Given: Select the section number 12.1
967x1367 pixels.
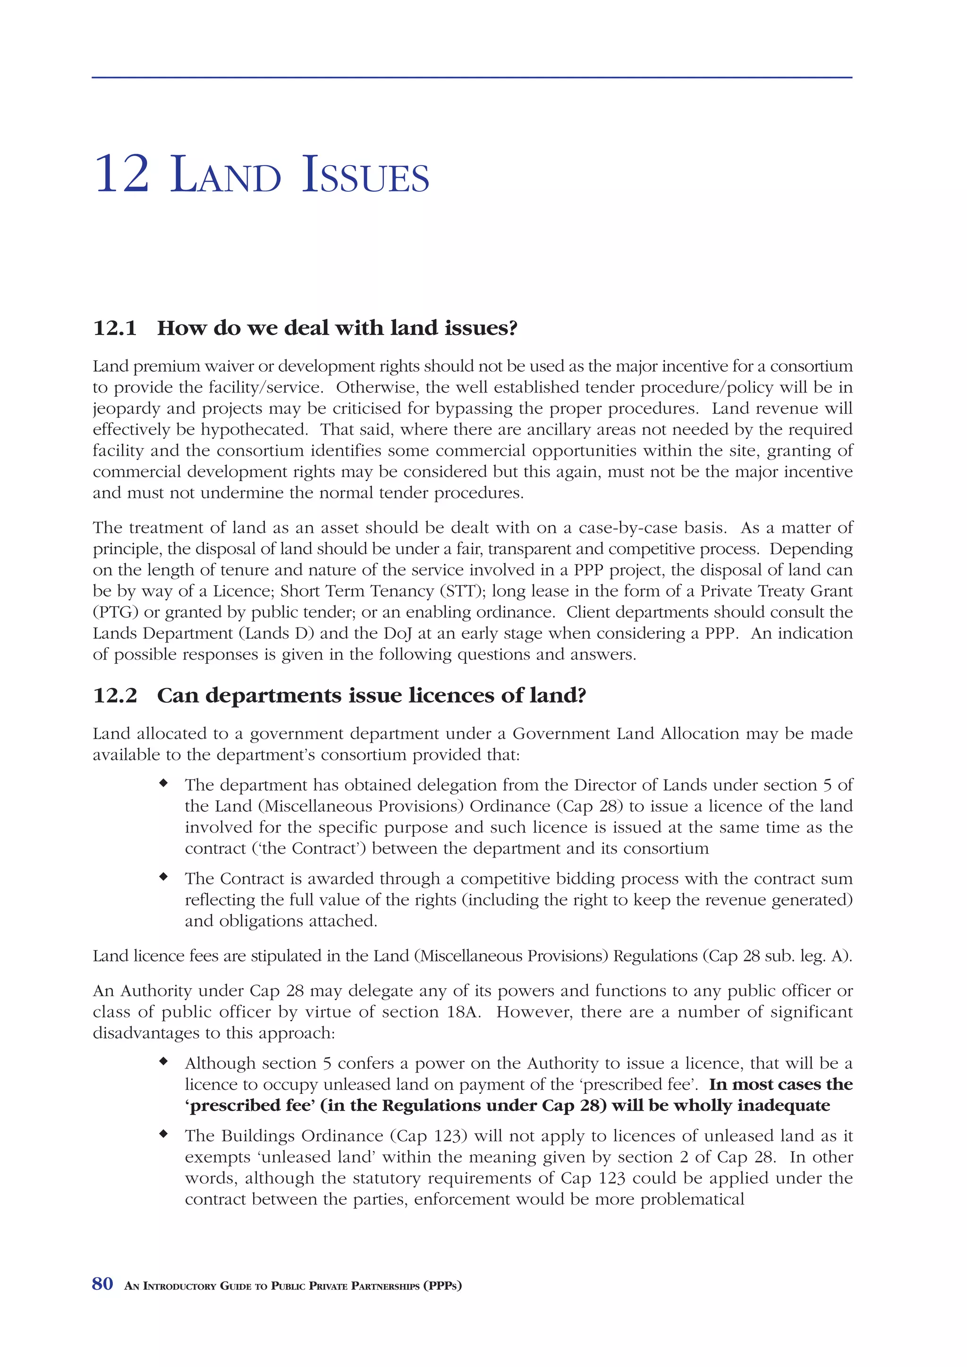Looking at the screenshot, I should pos(115,328).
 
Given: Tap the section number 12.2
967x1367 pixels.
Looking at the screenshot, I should pos(115,695).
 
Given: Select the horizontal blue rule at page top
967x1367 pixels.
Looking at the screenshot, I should pos(472,77).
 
